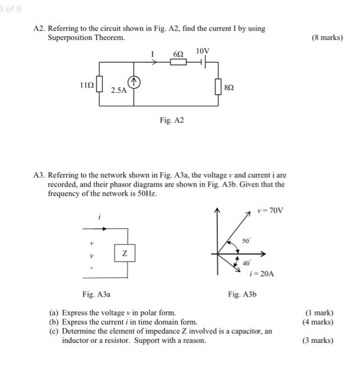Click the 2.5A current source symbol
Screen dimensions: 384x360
135,83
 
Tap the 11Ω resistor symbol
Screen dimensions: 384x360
99,86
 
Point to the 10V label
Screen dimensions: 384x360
203,52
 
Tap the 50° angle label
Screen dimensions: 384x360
246,241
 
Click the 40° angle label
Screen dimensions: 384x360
246,263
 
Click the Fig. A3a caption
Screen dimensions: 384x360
96,294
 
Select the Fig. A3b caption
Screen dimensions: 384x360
242,294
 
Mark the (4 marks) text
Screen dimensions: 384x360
318,322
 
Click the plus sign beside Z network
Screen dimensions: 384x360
92,242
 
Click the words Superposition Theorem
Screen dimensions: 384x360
86,38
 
